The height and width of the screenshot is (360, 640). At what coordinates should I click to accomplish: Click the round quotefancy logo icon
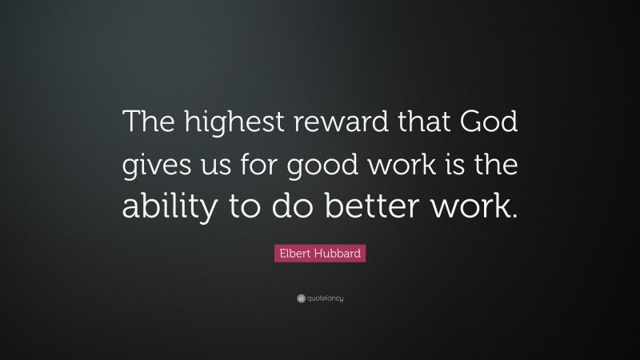click(300, 298)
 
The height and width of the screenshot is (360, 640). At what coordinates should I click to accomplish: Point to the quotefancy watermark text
click(326, 298)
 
